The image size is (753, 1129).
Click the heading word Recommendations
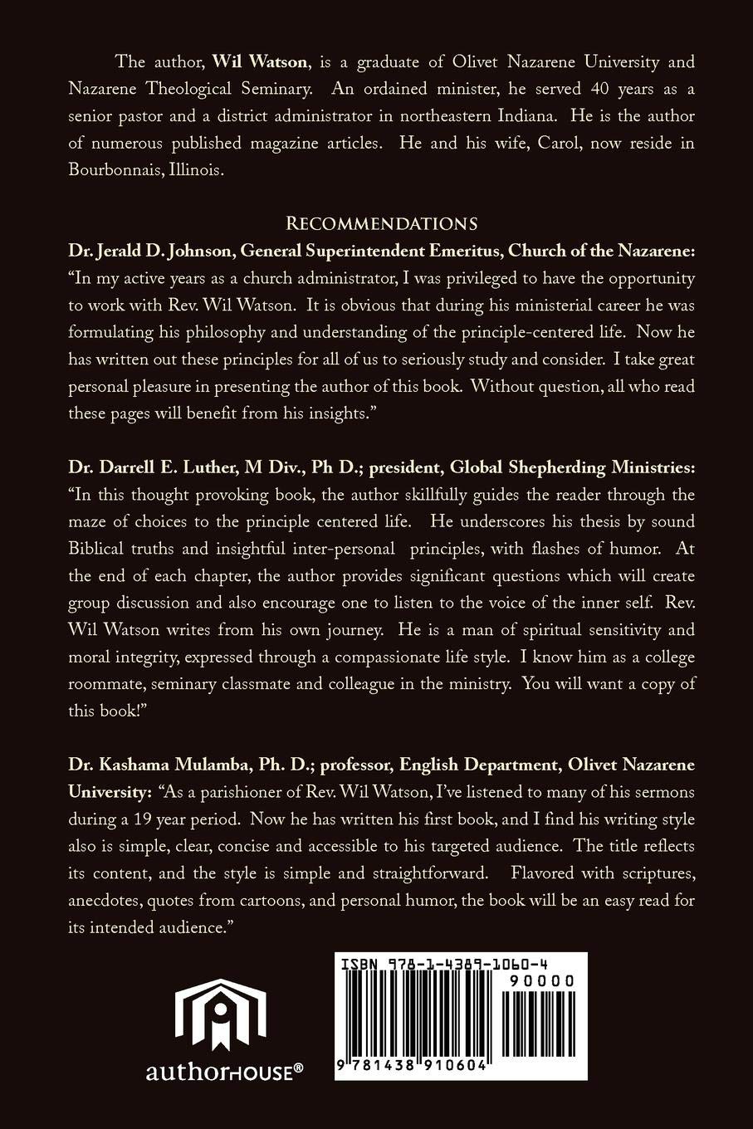pyautogui.click(x=381, y=223)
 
